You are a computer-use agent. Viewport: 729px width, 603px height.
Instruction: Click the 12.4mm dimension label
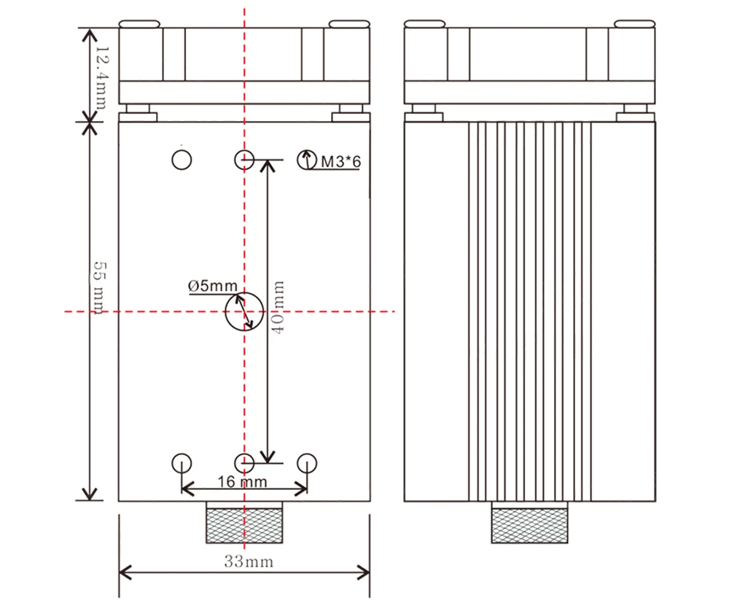click(x=103, y=77)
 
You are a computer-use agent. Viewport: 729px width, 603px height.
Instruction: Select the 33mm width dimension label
click(x=249, y=561)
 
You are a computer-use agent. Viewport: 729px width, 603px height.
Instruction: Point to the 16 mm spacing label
click(x=242, y=482)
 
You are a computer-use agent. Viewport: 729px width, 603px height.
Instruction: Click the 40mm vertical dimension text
click(x=278, y=307)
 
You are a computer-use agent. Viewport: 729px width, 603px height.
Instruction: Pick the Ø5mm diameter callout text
click(x=212, y=286)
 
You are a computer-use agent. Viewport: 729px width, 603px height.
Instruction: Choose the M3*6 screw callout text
click(x=340, y=162)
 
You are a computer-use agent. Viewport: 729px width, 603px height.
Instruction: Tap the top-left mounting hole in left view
click(x=182, y=160)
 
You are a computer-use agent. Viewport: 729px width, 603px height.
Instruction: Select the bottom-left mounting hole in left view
click(x=182, y=463)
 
